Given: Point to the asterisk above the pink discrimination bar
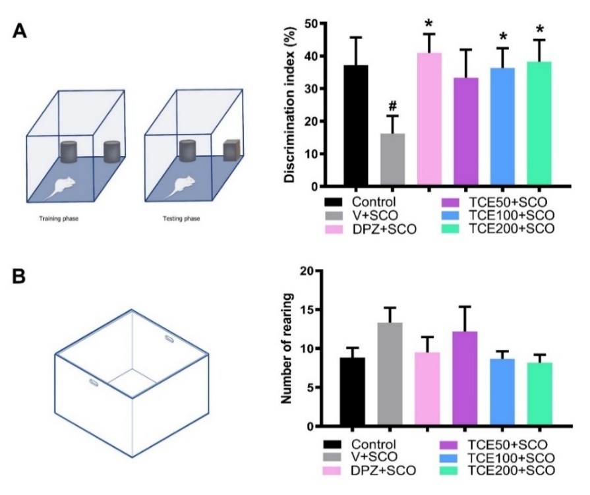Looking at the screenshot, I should pos(429,24).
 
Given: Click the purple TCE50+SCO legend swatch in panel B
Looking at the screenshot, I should pos(451,444).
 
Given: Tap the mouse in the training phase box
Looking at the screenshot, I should pos(65,186).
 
